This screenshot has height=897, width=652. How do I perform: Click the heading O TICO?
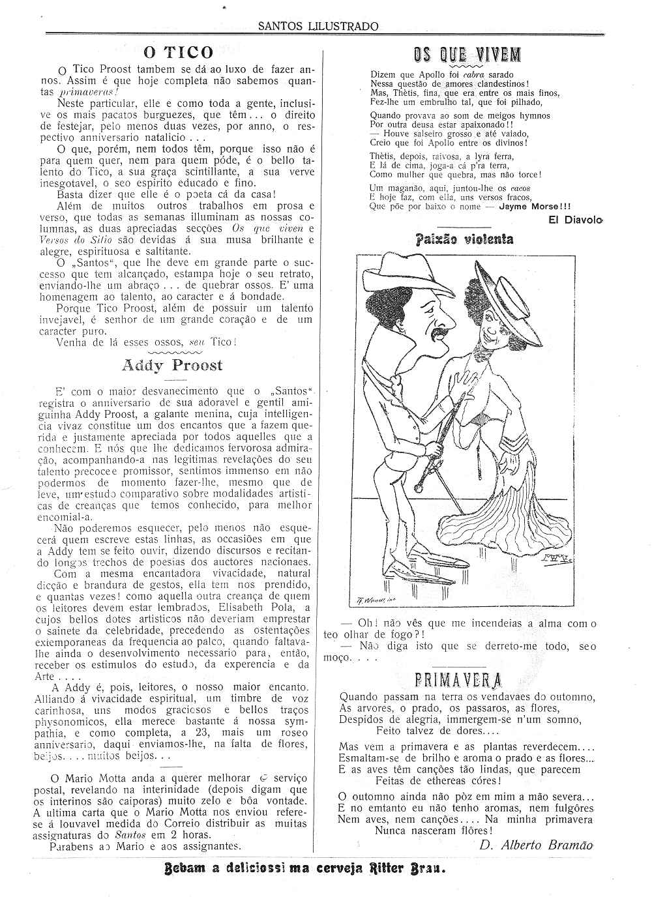[178, 52]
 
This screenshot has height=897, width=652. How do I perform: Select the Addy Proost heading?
[172, 366]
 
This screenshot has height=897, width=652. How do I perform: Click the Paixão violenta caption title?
[464, 239]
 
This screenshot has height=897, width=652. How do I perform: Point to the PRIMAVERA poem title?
[458, 680]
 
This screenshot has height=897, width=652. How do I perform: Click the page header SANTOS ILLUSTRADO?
[318, 27]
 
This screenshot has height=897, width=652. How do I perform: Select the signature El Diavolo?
[576, 220]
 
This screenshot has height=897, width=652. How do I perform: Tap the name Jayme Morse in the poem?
[526, 207]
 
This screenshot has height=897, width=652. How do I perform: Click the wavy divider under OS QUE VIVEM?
[467, 66]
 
